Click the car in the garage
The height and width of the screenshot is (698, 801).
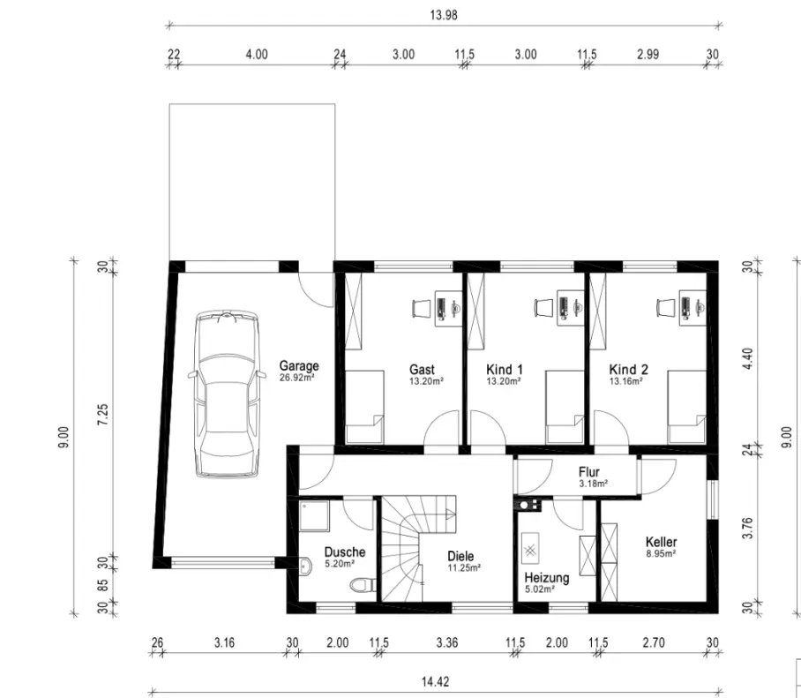[227, 394]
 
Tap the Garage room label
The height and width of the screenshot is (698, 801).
[299, 366]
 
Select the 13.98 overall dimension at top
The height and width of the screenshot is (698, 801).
[444, 15]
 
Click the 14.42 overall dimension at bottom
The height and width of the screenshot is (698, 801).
[435, 681]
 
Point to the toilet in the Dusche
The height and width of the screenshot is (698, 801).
[363, 585]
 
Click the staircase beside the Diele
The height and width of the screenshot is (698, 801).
[415, 548]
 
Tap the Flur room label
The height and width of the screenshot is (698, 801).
[589, 471]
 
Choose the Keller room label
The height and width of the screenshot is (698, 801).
[661, 542]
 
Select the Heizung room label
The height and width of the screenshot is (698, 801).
[547, 578]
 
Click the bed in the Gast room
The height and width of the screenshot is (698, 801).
[364, 407]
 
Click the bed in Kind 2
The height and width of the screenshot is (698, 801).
[686, 407]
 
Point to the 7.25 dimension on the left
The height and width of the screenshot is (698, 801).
[102, 414]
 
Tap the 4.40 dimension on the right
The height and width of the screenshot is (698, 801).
[747, 359]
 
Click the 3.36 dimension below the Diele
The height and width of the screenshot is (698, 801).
[447, 642]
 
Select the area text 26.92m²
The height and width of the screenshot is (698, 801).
[296, 378]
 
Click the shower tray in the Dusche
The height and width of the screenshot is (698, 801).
[314, 515]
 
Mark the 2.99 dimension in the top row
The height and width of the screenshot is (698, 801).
[648, 54]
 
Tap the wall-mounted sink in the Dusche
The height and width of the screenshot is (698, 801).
[305, 566]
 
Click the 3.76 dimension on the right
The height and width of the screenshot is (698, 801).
[747, 529]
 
